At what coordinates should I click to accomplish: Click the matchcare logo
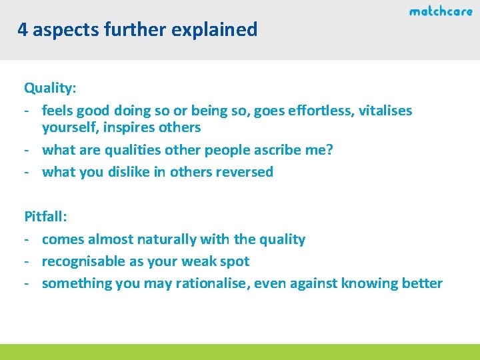tap(440, 11)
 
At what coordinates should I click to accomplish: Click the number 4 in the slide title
tap(23, 30)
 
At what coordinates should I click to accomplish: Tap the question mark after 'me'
tap(329, 149)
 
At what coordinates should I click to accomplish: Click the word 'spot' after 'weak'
tap(236, 261)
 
